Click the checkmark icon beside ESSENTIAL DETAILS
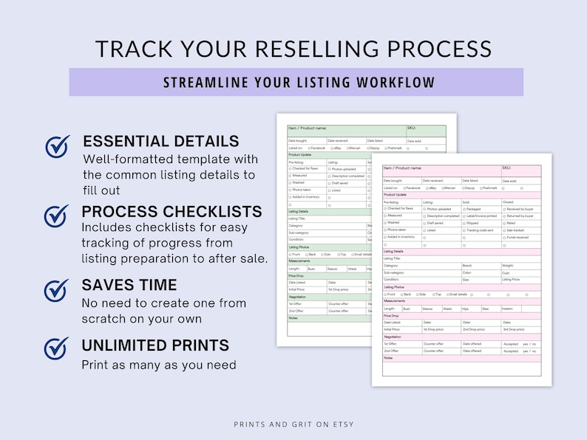(58, 147)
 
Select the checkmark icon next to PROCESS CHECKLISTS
(58, 216)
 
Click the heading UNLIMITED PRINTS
(155, 346)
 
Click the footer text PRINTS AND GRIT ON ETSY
(293, 424)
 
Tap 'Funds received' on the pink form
(517, 237)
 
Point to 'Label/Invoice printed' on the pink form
(482, 216)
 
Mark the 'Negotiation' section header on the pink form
(393, 337)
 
